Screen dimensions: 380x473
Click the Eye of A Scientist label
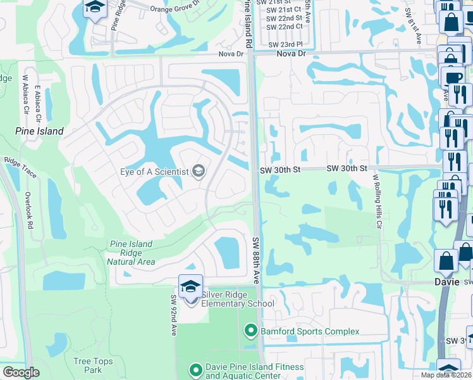[x=154, y=172]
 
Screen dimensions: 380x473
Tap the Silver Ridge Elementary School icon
[x=190, y=286]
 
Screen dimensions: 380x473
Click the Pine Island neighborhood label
[x=39, y=131]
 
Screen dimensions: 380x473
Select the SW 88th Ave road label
[x=256, y=260]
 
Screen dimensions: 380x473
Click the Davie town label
[x=446, y=282]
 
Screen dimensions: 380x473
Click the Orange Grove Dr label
[x=175, y=8]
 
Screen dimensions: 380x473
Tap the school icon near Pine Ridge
[x=95, y=8]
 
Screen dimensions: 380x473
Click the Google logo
[x=21, y=372]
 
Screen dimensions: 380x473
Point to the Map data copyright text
[x=446, y=375]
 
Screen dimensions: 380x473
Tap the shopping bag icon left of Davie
[x=446, y=260]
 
